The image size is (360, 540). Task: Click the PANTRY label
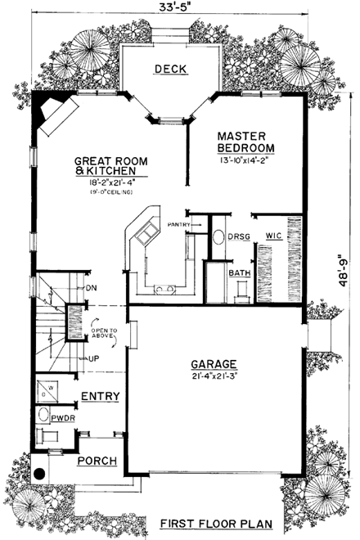179,223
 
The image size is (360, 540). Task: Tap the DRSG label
239,236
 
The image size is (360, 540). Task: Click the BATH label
239,272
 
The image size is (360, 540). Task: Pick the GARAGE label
214,364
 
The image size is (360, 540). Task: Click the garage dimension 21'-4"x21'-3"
214,377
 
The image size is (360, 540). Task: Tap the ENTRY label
101,396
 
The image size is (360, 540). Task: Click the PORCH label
97,461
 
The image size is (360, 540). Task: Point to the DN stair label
92,288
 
